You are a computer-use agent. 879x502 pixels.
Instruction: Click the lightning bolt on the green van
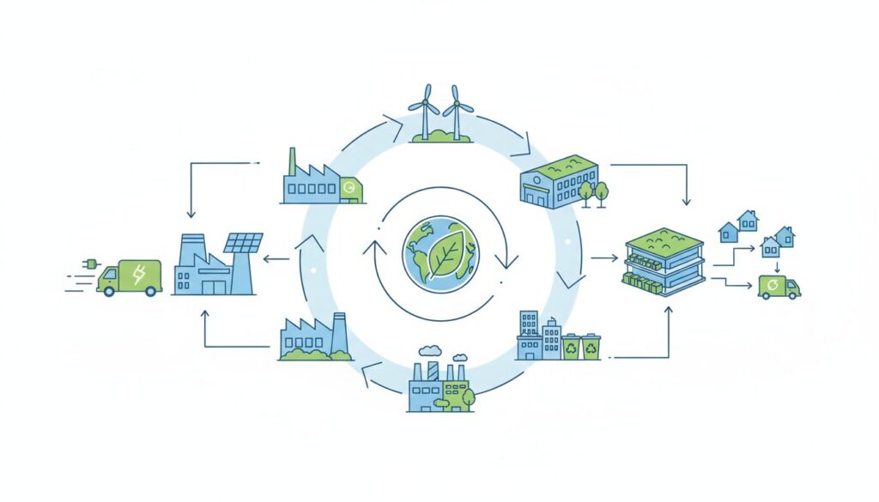point(138,274)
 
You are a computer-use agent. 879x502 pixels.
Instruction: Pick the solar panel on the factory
point(243,242)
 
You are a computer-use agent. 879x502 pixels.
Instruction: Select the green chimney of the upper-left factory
point(292,161)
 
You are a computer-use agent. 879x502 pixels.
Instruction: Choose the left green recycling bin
point(570,347)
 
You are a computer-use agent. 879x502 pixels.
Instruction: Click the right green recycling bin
point(591,347)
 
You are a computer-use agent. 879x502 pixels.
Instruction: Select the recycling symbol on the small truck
point(774,284)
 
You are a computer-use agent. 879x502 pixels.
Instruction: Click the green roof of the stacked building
point(660,235)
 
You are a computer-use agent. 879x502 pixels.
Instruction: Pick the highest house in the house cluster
point(748,220)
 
